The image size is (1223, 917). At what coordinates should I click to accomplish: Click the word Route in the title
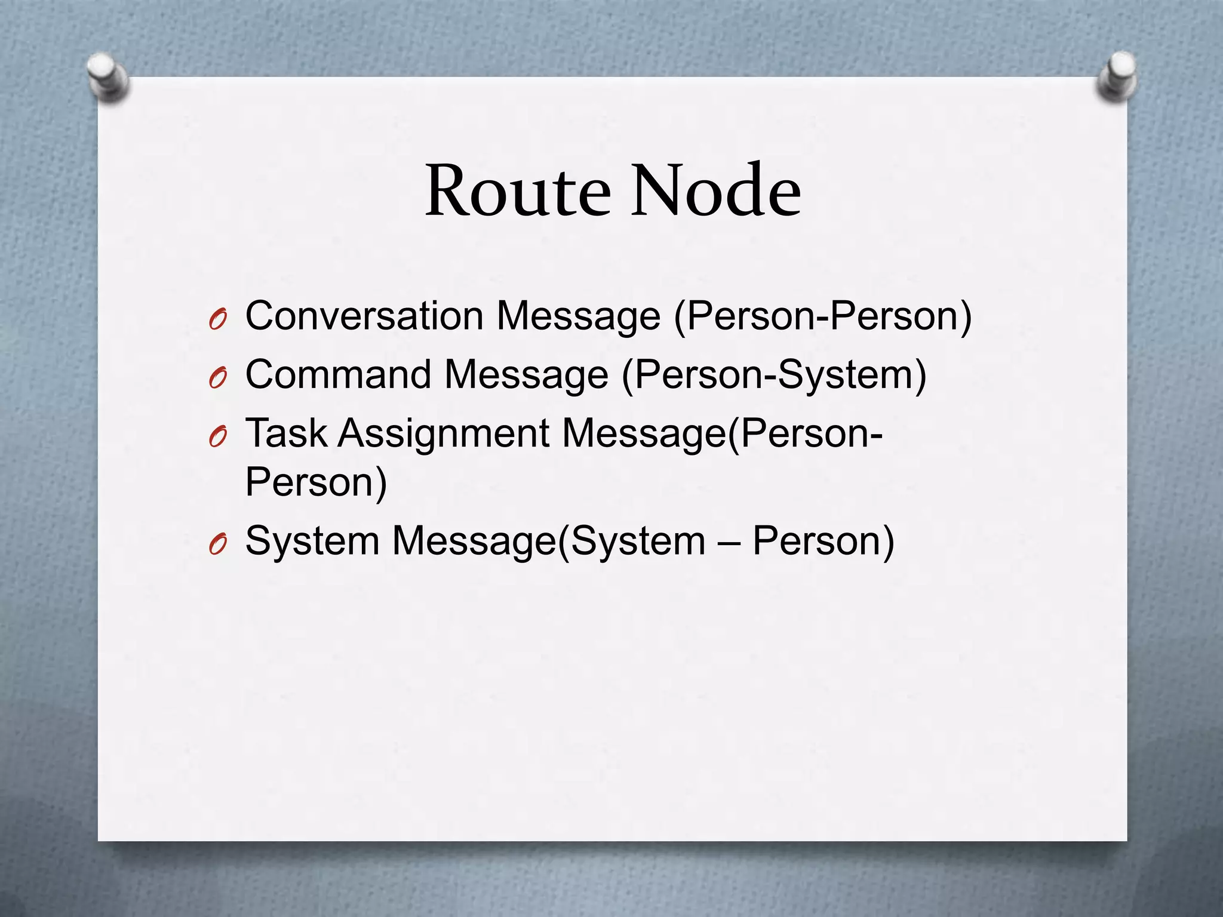click(518, 191)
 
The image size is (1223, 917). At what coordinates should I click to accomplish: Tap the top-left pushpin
click(107, 78)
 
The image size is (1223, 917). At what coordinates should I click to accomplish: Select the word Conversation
click(364, 316)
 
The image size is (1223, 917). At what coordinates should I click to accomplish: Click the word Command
click(339, 375)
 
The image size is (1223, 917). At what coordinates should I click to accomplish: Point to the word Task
click(286, 433)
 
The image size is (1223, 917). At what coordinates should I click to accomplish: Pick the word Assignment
click(444, 434)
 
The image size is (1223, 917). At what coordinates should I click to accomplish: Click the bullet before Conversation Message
click(217, 321)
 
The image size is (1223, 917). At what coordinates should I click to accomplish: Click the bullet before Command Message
click(217, 379)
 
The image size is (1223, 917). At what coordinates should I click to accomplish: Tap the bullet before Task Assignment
click(217, 438)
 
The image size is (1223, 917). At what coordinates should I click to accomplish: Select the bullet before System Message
click(217, 545)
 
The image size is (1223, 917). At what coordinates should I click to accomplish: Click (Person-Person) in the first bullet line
click(823, 316)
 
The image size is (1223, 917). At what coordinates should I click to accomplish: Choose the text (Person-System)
click(774, 375)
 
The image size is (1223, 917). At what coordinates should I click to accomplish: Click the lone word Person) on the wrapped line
click(316, 482)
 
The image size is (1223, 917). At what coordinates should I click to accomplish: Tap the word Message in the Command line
click(526, 375)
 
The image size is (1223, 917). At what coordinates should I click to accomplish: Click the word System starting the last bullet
click(312, 541)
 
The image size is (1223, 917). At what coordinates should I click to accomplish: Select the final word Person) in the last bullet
click(823, 541)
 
